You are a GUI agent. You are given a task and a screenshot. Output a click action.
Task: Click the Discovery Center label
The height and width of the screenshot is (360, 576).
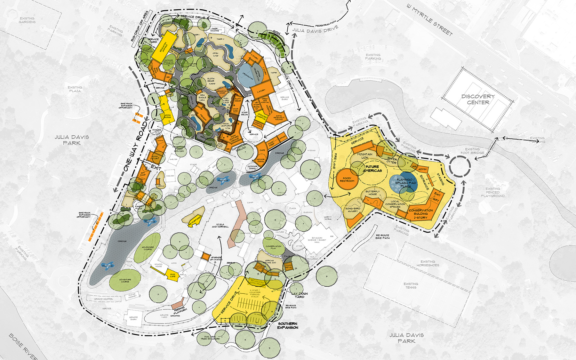click(x=478, y=99)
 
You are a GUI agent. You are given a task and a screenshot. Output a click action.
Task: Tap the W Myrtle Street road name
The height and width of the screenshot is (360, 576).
click(x=429, y=20)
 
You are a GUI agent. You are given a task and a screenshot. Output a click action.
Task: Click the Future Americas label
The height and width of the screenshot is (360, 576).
click(x=372, y=169)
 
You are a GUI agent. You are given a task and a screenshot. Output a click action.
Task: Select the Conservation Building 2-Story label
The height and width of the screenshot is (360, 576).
click(x=420, y=214)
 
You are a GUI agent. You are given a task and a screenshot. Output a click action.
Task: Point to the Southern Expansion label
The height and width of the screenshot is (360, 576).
click(x=288, y=325)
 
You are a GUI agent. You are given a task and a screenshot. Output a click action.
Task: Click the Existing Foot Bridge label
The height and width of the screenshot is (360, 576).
click(x=472, y=151)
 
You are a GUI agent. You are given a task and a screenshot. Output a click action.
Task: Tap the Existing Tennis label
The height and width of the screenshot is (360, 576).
click(x=411, y=285)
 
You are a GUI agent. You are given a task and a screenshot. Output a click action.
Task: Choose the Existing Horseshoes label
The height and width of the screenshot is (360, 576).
click(x=428, y=263)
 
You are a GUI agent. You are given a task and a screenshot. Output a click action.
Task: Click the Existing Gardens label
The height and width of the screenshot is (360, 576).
click(x=27, y=20)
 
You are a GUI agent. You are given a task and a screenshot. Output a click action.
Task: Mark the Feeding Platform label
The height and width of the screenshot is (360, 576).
click(x=180, y=309)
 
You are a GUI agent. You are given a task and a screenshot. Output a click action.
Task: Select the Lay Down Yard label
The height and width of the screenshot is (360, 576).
click(x=300, y=295)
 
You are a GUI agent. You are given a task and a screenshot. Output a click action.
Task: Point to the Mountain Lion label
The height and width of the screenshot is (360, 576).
click(x=364, y=156)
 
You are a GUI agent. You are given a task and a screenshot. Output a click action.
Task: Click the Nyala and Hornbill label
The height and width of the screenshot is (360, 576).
click(x=220, y=226)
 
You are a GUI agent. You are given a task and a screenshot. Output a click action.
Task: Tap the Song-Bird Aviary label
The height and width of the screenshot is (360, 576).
click(x=353, y=210)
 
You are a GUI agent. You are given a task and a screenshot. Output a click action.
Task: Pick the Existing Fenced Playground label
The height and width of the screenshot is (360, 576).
click(x=492, y=192)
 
